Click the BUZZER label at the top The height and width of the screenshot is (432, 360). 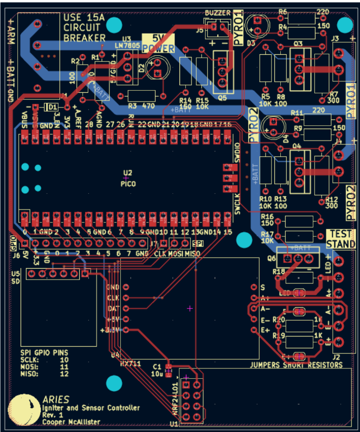218,12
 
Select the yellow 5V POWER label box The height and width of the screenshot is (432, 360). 157,44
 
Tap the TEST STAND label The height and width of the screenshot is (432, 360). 340,239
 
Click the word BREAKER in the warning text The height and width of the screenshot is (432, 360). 84,38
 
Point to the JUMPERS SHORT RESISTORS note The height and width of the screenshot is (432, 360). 296,365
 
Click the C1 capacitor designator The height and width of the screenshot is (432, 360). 157,366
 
